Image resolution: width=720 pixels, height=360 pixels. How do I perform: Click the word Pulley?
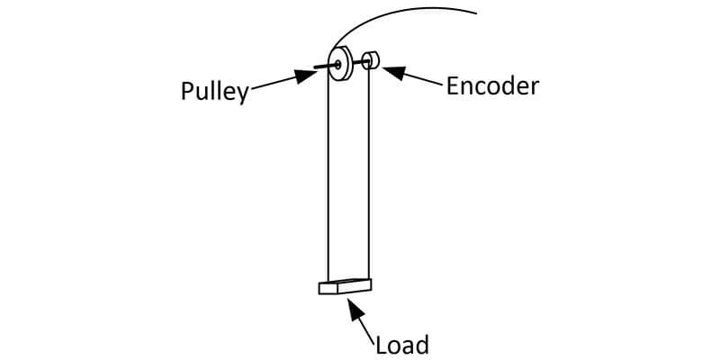[214, 92]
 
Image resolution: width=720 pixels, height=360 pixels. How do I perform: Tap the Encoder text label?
[492, 85]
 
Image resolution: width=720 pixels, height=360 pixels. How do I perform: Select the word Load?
[401, 344]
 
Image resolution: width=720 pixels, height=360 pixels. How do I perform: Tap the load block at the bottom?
[345, 286]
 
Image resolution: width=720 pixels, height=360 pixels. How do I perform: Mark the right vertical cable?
[370, 180]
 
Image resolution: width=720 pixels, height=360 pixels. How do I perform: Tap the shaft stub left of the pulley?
[322, 66]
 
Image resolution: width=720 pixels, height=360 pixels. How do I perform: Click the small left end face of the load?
[323, 289]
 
